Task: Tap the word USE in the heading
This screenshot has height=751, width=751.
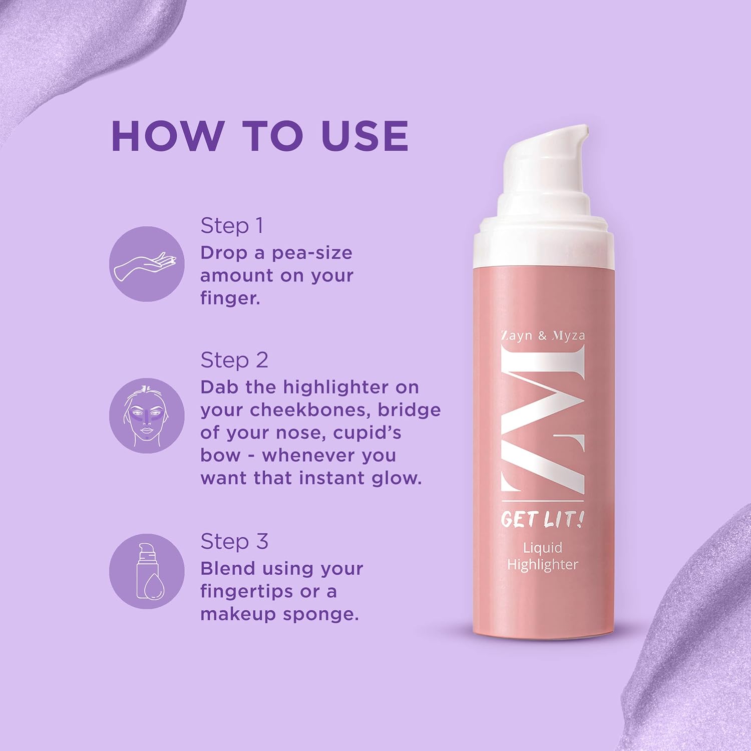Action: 364,136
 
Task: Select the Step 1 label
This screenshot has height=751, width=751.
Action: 231,226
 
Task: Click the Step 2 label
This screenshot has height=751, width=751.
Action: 234,360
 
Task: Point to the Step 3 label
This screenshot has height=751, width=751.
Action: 234,541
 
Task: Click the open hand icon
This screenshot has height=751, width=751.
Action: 147,264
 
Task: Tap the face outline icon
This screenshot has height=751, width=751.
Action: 147,416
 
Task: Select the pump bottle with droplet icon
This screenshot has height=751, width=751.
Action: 147,571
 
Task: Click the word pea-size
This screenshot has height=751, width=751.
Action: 312,253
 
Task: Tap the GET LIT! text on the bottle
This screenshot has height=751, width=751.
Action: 542,519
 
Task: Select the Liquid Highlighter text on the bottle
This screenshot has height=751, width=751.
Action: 543,556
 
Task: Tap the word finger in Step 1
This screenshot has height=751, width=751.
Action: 229,298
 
